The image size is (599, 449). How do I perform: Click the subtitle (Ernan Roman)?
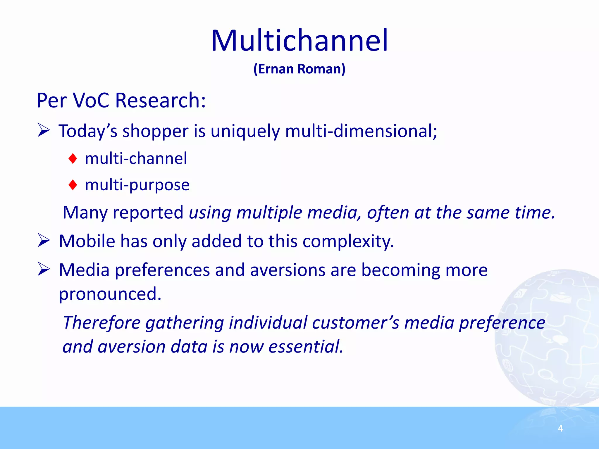[x=299, y=69]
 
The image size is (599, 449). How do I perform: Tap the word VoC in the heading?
[x=91, y=100]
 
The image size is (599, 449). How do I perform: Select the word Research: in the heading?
[x=161, y=100]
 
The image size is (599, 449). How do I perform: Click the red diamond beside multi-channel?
[x=73, y=159]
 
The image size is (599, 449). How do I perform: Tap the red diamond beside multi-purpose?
[x=73, y=185]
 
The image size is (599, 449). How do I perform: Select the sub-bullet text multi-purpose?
[x=137, y=185]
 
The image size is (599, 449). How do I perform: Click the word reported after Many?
[x=148, y=212]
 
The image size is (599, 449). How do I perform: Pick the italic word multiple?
[x=269, y=212]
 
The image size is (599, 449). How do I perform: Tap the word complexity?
[x=348, y=241]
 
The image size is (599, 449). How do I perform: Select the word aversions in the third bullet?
[x=288, y=270]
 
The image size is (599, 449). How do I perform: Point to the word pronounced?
[x=110, y=294]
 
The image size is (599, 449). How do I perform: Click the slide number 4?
[x=560, y=429]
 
